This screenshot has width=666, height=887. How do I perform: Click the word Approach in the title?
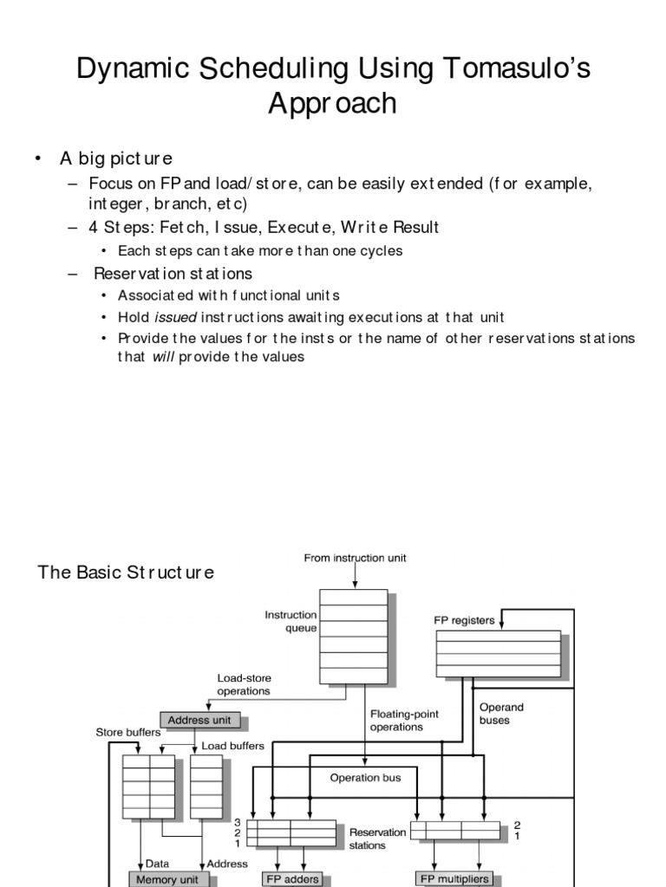point(332,104)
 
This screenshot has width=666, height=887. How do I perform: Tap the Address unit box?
point(200,720)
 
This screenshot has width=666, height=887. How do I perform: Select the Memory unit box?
point(168,878)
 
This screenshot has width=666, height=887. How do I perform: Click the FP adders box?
point(291,878)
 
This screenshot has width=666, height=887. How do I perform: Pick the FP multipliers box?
point(454,878)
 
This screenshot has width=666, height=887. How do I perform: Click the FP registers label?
point(464,620)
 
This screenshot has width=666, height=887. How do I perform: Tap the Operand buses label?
point(501,714)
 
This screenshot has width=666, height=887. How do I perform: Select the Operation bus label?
point(365,777)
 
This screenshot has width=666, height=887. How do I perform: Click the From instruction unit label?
point(355,559)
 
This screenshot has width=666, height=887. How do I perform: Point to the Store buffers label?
point(127,732)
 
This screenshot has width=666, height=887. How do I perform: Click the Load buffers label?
point(232,745)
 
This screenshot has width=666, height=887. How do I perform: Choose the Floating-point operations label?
point(404,720)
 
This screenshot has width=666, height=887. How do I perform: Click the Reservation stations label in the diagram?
point(376,838)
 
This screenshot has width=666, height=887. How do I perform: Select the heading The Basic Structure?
point(125,573)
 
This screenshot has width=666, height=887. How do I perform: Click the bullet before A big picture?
point(38,159)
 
